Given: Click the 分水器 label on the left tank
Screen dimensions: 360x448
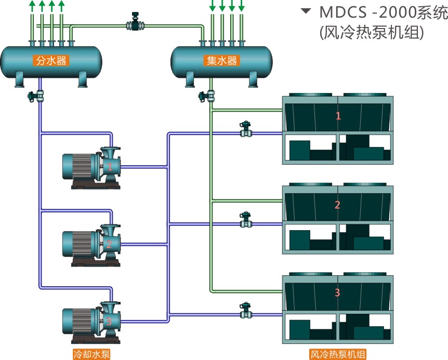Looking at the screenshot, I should pos(51,60).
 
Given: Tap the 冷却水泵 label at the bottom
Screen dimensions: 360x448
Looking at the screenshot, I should pos(91,354).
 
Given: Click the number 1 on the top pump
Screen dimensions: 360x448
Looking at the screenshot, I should pos(110,167).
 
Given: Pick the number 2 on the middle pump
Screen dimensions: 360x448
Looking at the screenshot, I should pos(109,244).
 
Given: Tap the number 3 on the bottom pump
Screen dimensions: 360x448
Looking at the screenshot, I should pos(109,321).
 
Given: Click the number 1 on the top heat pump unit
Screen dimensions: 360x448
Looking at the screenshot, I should pos(338,116).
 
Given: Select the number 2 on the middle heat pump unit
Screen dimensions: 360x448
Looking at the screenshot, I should pos(337,205).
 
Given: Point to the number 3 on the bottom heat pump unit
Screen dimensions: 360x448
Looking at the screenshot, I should pos(337,292).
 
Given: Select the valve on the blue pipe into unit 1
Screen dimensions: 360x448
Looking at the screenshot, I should pos(245,129).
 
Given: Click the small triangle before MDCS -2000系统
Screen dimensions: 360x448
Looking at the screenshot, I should pos(306,11).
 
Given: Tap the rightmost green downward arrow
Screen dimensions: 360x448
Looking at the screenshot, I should pos(242,6).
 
